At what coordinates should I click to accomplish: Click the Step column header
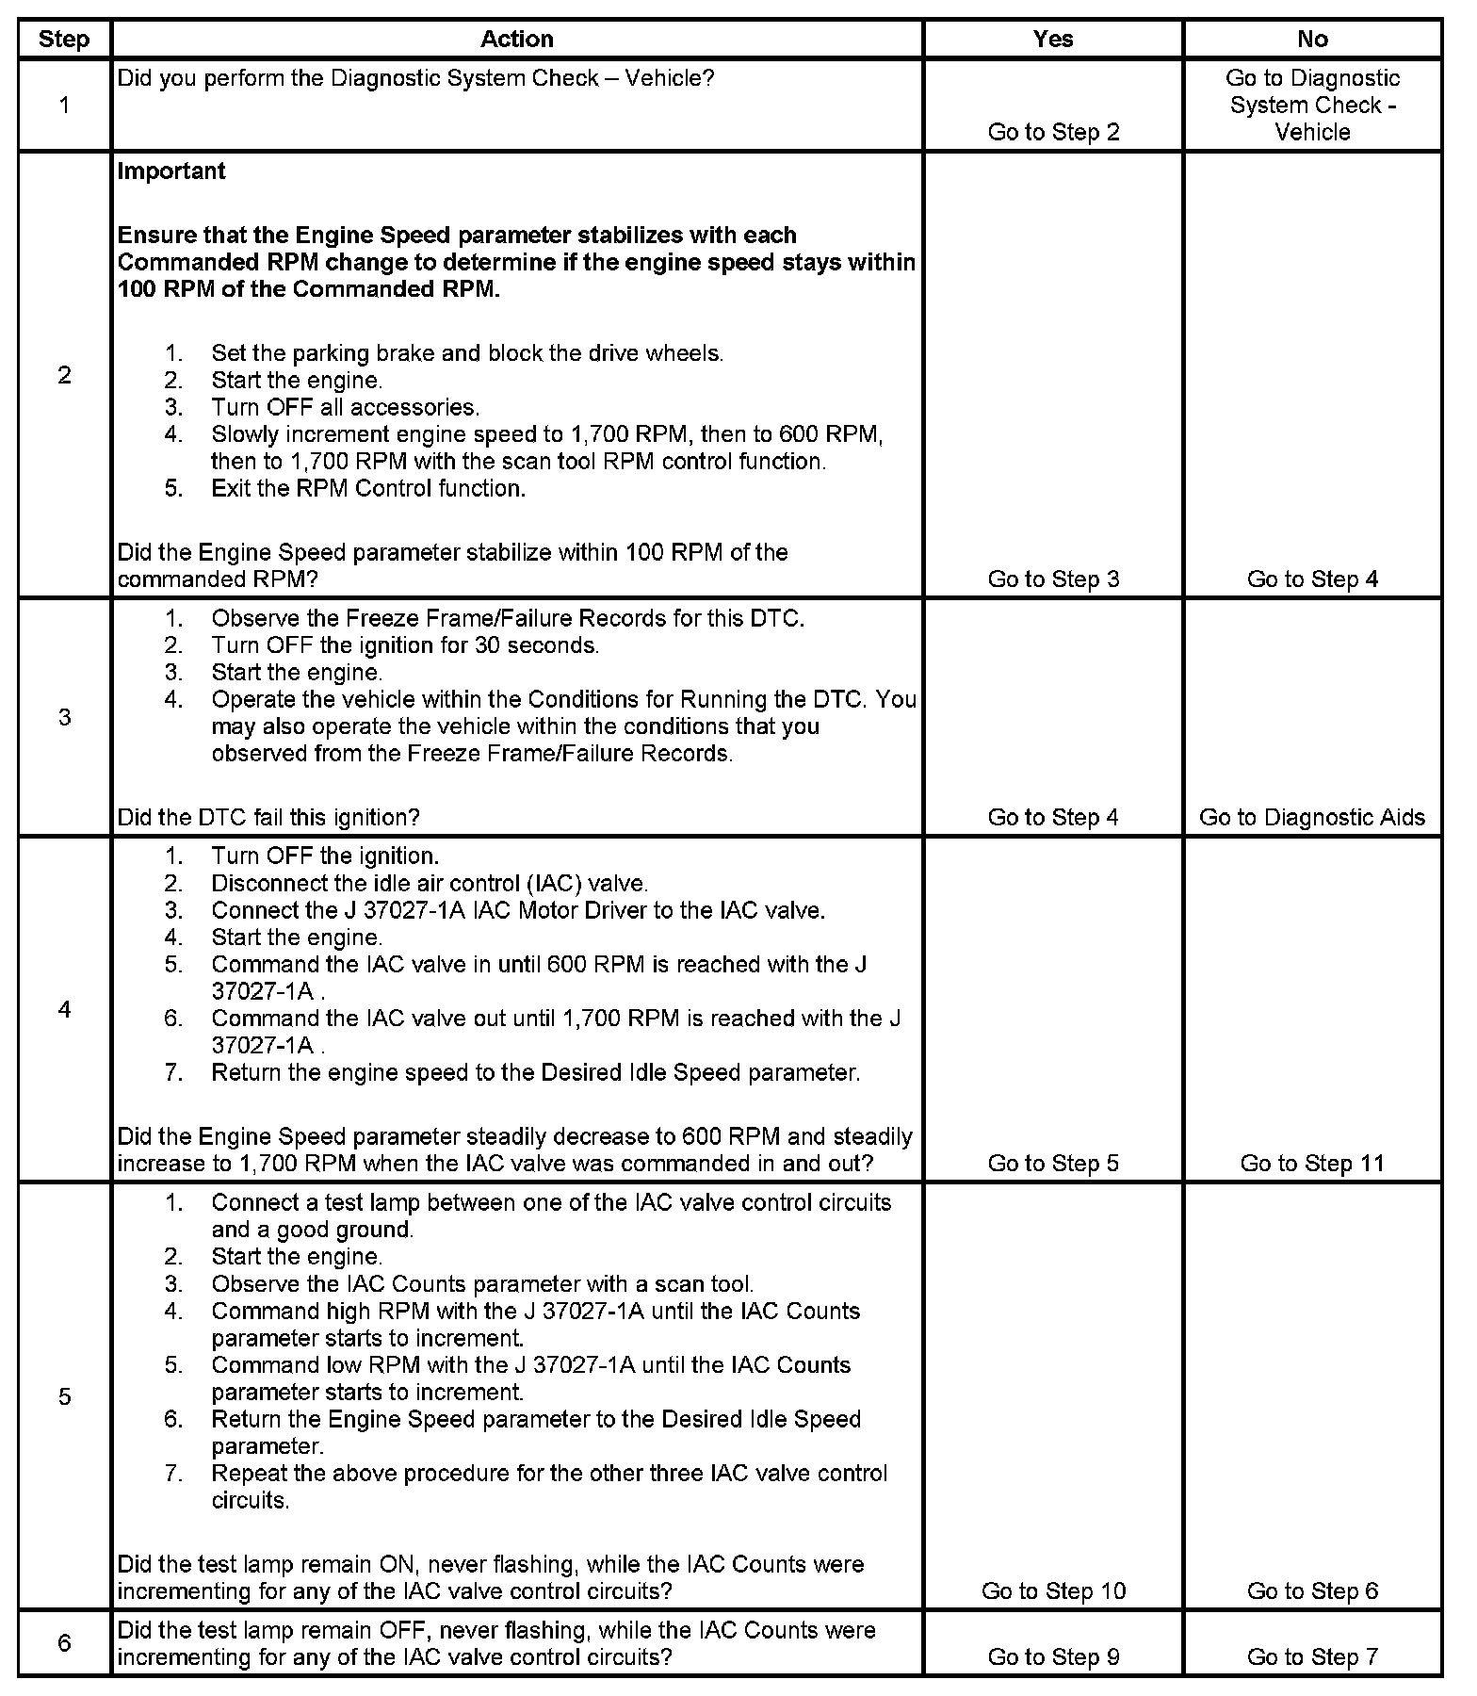point(64,39)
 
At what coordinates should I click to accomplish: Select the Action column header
point(516,39)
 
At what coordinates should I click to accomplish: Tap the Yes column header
point(1052,39)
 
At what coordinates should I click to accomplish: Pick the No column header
point(1312,39)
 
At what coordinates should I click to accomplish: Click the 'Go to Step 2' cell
point(1053,132)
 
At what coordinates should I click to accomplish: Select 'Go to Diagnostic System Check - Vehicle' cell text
point(1312,105)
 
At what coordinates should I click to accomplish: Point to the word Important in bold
point(171,171)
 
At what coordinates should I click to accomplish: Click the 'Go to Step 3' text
point(1053,579)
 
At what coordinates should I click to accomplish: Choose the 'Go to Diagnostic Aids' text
point(1312,817)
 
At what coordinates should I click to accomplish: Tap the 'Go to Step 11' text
point(1312,1163)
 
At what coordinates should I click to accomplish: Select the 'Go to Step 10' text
point(1053,1590)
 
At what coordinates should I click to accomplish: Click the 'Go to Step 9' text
point(1053,1656)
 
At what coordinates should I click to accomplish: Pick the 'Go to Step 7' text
point(1312,1656)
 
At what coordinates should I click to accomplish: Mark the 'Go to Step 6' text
point(1312,1590)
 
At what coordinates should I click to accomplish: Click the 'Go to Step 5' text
point(1053,1163)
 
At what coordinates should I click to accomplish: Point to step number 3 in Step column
point(64,717)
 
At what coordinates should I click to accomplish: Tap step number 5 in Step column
point(64,1395)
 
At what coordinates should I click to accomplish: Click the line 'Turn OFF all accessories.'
point(345,407)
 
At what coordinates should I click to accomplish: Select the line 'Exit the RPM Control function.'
point(368,488)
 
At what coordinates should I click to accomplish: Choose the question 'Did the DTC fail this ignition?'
point(268,817)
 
